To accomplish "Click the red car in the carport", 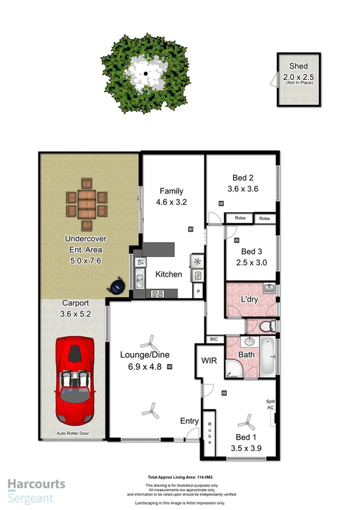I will [x=75, y=380].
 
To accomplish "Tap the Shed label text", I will [x=299, y=66].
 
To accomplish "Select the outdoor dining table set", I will [x=85, y=207].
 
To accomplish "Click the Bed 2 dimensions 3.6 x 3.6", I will [x=243, y=189].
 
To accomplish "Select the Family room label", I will [x=171, y=191].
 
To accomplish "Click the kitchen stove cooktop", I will [x=157, y=293].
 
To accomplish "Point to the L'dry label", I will [x=249, y=299].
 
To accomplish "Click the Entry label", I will [x=189, y=422].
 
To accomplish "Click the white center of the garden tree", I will [x=145, y=74].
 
